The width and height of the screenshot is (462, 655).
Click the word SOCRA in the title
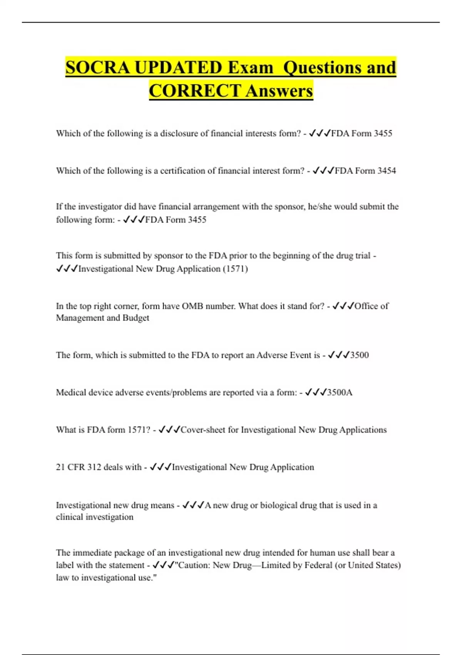[98, 67]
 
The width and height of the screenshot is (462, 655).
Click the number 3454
[387, 171]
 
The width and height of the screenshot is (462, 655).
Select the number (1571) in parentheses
[235, 269]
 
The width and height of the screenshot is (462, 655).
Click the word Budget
[136, 318]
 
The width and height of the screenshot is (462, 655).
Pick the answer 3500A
[340, 393]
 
